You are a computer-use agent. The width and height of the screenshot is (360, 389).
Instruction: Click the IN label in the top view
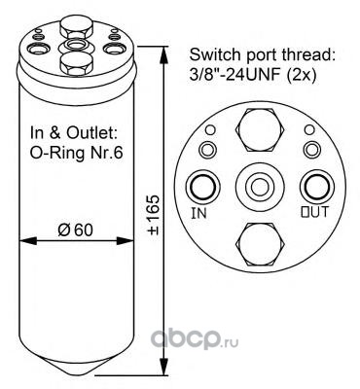click(x=199, y=213)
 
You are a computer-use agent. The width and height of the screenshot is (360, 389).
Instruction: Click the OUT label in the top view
click(x=314, y=212)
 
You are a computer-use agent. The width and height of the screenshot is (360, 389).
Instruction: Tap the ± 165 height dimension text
click(x=154, y=214)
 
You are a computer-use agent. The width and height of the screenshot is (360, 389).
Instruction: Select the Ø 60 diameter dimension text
click(x=75, y=230)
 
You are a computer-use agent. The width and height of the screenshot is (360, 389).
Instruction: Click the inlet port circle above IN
click(x=203, y=187)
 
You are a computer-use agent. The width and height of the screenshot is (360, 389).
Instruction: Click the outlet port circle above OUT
click(x=317, y=187)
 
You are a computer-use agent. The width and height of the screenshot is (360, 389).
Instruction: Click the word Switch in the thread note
click(x=208, y=54)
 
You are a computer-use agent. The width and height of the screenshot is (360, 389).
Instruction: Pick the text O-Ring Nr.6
click(x=77, y=153)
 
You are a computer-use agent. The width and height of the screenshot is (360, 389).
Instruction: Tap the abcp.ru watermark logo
click(x=195, y=338)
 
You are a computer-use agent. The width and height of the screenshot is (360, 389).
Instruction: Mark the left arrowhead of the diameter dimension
click(x=28, y=241)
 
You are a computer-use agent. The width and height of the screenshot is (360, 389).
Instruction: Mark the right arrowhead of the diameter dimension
click(x=125, y=241)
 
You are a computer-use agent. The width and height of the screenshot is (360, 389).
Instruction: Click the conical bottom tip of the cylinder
click(x=77, y=375)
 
